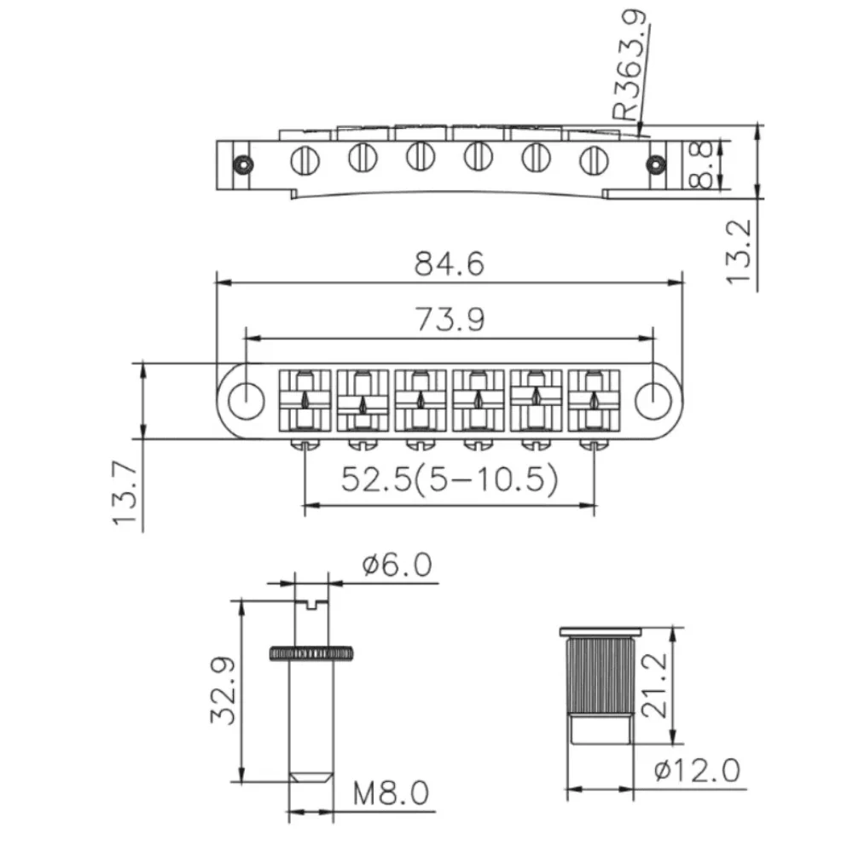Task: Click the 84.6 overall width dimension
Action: (450, 264)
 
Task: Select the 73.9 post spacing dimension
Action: (450, 319)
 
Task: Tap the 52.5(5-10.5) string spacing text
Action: (450, 480)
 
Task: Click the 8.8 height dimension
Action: (703, 165)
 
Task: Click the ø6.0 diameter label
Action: (397, 566)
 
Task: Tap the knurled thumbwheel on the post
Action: (312, 653)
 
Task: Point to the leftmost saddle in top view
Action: (305, 399)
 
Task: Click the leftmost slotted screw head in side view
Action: (305, 158)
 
